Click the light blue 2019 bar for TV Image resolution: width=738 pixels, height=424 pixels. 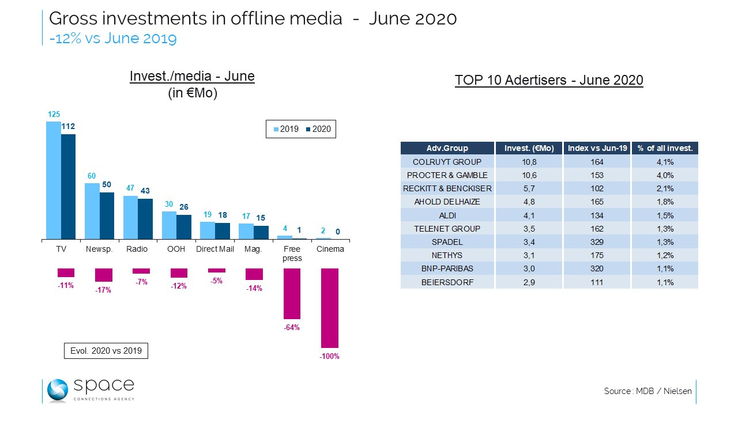(54, 180)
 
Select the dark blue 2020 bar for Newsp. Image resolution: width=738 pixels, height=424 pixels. (107, 215)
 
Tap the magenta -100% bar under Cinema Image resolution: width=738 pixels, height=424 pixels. (330, 308)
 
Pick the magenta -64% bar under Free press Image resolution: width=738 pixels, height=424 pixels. (292, 293)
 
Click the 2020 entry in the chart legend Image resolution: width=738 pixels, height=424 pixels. (318, 129)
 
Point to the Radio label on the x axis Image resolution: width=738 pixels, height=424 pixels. (137, 249)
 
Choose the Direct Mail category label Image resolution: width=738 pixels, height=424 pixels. (215, 249)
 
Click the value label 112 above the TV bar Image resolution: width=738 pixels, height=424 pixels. (69, 126)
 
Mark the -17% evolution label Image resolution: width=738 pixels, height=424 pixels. (103, 290)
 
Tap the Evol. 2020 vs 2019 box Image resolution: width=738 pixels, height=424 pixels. (106, 350)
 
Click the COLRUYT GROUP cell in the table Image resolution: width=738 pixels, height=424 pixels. (447, 162)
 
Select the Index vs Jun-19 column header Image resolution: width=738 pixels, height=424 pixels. (597, 148)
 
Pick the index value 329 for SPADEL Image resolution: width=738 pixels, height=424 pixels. (597, 241)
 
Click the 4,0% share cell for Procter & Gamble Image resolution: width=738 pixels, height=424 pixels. (665, 175)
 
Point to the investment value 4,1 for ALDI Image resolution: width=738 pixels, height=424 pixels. (529, 215)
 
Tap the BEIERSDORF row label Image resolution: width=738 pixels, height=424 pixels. (447, 282)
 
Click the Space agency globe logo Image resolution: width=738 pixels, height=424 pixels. (58, 390)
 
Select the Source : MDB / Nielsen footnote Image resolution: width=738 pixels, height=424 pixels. (647, 391)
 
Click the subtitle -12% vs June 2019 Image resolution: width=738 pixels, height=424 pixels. (113, 39)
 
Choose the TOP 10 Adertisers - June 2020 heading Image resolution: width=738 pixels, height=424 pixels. (548, 80)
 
